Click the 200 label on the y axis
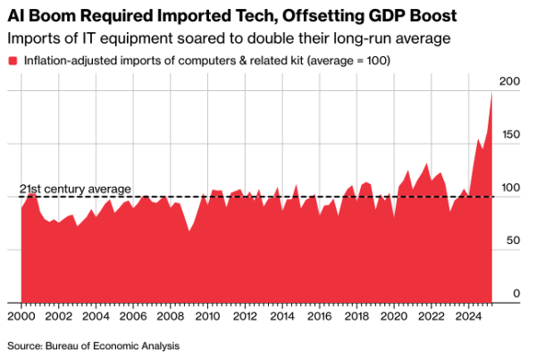coord(509,82)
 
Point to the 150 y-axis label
coord(509,134)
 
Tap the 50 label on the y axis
coord(512,241)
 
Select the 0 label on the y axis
coord(515,294)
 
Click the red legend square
coord(13,60)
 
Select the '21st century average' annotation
coord(75,189)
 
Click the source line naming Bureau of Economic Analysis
coord(94,345)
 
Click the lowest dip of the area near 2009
coord(188,232)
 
